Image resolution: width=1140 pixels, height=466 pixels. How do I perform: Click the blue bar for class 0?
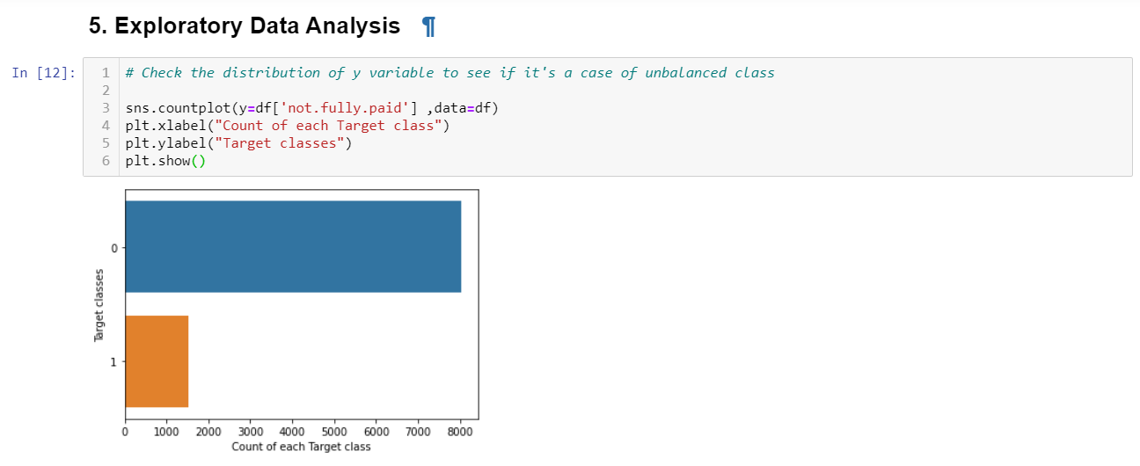click(x=293, y=246)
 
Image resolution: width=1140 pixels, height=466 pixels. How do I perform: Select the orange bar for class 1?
click(x=157, y=360)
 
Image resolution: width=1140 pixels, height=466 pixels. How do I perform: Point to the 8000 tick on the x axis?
click(x=460, y=431)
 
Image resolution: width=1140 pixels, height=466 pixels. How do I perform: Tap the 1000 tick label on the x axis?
click(x=167, y=431)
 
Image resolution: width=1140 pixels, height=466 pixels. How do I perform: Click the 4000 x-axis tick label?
click(x=292, y=431)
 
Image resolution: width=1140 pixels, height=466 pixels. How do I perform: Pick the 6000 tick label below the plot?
click(x=376, y=431)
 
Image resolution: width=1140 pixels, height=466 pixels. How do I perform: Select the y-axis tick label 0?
click(x=113, y=248)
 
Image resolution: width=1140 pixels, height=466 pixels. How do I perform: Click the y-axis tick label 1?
click(x=113, y=361)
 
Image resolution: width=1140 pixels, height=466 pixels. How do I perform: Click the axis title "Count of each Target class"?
click(x=301, y=447)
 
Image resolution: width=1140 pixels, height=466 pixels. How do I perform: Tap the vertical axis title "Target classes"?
click(x=99, y=305)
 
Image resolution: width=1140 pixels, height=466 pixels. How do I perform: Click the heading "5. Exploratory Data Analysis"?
click(x=245, y=26)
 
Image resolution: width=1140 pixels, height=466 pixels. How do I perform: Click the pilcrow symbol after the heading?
click(x=428, y=27)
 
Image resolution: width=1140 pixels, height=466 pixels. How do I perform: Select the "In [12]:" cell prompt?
click(x=43, y=73)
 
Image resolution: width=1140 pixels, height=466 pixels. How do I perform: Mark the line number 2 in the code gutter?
click(x=106, y=91)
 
